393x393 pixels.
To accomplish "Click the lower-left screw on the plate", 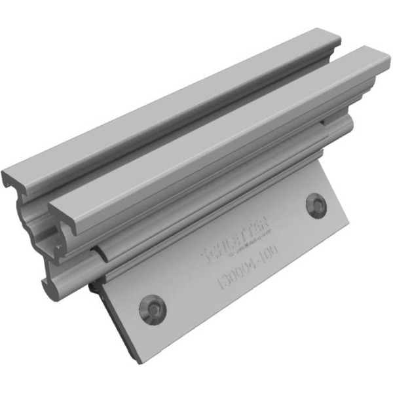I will pos(155,307).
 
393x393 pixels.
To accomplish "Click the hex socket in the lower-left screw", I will pos(155,307).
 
